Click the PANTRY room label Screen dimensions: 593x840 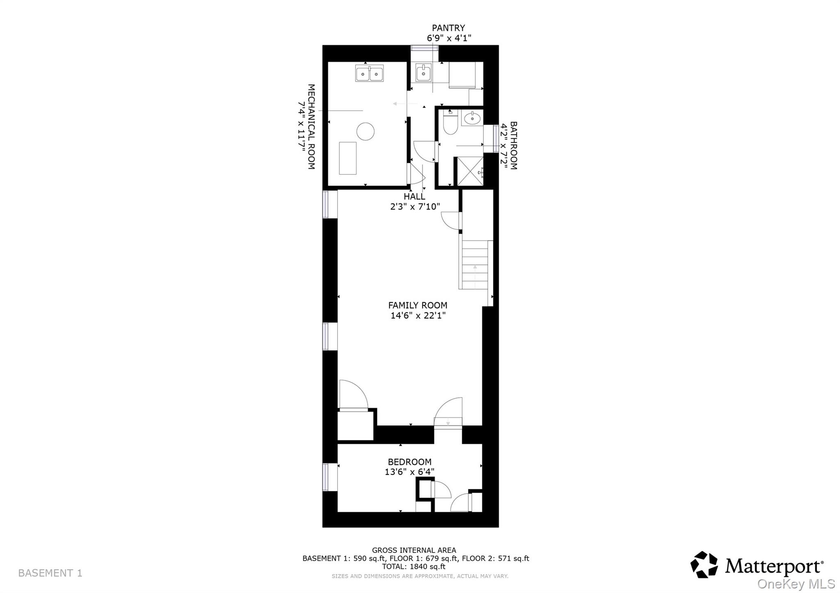448,28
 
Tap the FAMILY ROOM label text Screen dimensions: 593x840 418,305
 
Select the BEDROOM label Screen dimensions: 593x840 409,462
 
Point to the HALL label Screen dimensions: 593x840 414,197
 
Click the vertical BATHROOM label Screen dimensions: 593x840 513,145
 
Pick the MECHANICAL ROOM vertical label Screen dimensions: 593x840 311,127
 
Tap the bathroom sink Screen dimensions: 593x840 472,118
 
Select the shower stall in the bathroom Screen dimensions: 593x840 470,171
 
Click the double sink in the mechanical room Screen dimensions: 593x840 369,74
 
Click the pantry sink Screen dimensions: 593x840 423,73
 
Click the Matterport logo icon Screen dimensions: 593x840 704,565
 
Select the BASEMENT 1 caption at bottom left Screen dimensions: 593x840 50,573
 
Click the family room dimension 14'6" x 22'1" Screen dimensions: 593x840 418,316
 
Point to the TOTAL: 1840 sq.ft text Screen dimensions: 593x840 413,567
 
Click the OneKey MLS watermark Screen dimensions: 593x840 796,584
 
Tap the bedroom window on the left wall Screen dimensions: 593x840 326,477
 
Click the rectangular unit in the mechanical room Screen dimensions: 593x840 347,158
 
